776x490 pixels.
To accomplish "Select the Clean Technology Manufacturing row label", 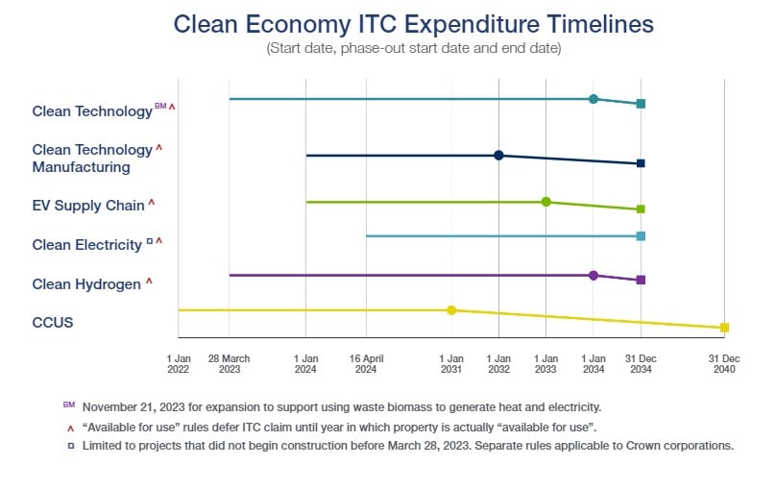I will point(93,159).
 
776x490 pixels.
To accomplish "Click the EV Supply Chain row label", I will point(88,205).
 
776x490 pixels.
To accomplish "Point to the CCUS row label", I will point(53,323).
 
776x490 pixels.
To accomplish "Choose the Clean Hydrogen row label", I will point(87,283).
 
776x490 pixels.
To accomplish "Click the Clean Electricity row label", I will point(87,245).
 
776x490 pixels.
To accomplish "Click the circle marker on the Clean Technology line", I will point(594,99).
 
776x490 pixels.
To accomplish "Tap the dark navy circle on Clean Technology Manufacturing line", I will point(498,156).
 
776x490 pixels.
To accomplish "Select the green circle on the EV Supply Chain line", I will point(546,202).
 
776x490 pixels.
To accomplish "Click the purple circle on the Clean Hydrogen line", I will point(594,276).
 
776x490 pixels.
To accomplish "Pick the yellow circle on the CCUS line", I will point(451,310).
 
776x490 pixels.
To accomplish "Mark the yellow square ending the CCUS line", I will point(725,328).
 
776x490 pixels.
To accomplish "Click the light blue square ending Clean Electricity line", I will point(641,235).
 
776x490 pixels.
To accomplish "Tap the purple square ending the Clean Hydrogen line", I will point(641,280).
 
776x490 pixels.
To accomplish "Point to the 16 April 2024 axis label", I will point(366,362).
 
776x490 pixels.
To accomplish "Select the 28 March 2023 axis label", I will point(229,362).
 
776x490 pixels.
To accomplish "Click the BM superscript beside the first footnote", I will point(67,404).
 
